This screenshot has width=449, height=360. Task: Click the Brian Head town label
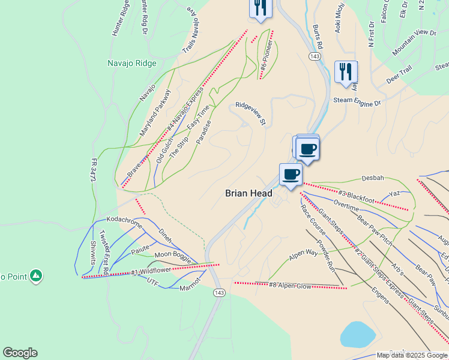coord(249,193)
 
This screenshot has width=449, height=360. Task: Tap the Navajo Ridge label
coord(131,63)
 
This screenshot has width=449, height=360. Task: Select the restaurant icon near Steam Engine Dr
coord(345,72)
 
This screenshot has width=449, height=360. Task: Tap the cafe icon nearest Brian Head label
coord(291,174)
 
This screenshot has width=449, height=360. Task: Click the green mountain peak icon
coord(36,275)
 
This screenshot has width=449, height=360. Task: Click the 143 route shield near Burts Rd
coord(314,56)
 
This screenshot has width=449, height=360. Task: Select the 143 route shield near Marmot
coord(218,293)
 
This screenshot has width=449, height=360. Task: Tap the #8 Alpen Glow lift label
coord(291,285)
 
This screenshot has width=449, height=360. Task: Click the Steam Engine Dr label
coord(357,102)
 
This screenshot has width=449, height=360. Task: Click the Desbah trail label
coord(372,178)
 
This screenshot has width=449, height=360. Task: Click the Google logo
coord(20,353)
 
